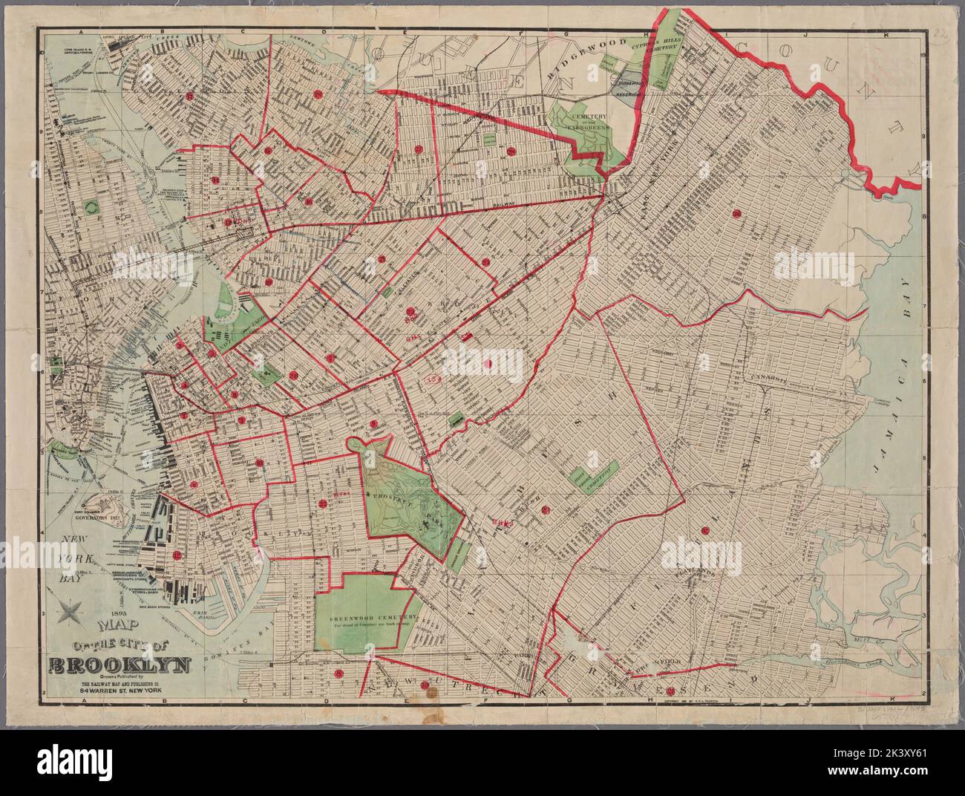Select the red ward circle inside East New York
(x=736, y=215)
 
